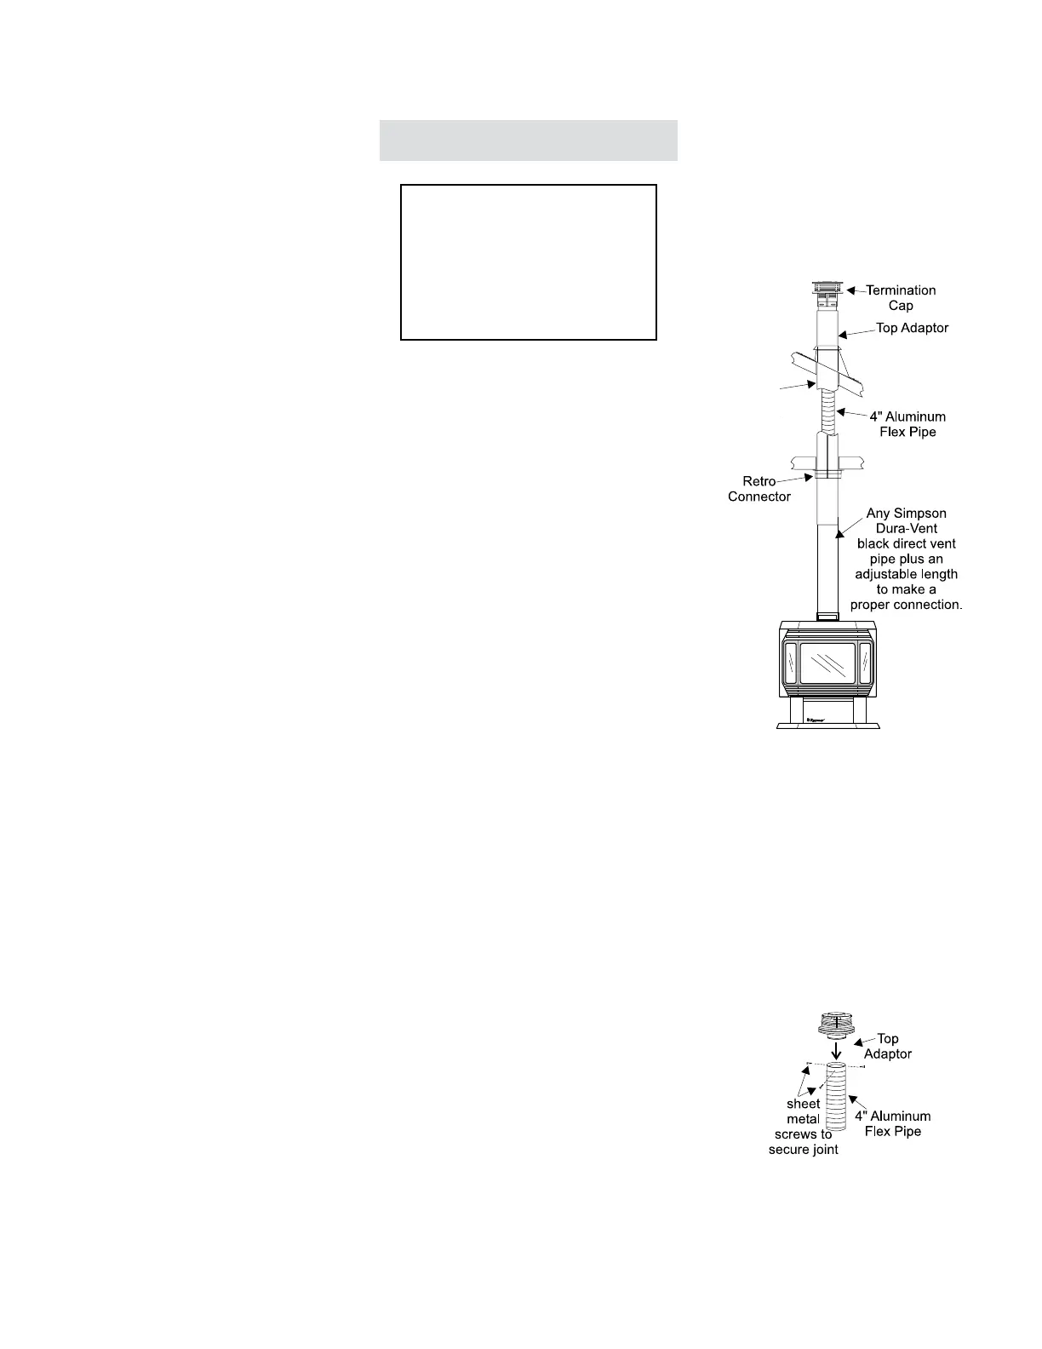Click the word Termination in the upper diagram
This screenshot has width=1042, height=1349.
coord(901,290)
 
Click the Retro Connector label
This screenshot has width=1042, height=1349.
coord(759,489)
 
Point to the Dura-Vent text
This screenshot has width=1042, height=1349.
coord(906,528)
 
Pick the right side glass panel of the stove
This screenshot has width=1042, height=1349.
coord(866,663)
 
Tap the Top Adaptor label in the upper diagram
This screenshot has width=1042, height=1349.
coord(912,328)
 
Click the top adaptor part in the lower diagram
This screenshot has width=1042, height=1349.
coord(837,1025)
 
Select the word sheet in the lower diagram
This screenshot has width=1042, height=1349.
coord(803,1104)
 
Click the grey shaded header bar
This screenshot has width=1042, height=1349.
coord(528,141)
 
